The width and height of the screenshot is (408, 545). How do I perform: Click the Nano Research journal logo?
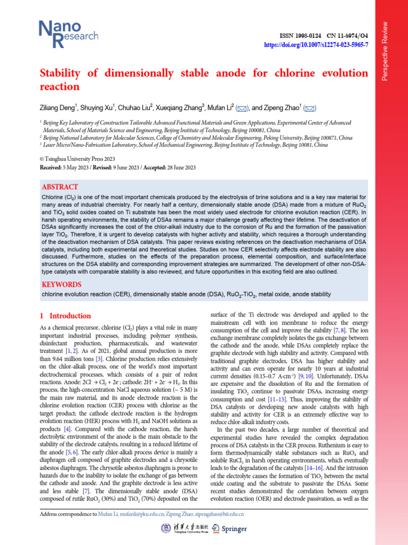tap(68, 31)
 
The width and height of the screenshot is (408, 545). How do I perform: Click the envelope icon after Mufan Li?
tap(242, 109)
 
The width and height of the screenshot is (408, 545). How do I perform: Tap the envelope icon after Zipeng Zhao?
tap(311, 109)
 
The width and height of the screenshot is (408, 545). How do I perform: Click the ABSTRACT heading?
tap(59, 187)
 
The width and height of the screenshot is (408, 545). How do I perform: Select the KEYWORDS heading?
tap(61, 284)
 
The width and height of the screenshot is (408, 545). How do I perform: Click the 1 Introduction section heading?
tap(66, 316)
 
